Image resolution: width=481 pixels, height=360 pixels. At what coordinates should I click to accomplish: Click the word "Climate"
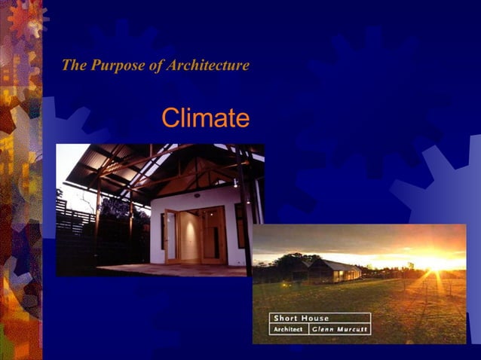click(x=205, y=118)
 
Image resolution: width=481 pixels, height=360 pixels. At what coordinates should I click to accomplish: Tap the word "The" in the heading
click(x=74, y=66)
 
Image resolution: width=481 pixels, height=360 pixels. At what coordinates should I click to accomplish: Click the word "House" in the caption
click(x=314, y=318)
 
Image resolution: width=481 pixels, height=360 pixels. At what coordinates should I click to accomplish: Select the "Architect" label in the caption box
click(x=288, y=329)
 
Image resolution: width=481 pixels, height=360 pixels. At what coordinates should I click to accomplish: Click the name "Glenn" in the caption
click(x=326, y=329)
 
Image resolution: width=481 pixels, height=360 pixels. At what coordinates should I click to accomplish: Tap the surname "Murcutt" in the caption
click(x=353, y=329)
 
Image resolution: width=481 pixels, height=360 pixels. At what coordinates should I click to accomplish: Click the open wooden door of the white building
click(x=171, y=235)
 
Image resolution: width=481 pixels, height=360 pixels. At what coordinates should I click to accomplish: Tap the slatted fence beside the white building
click(x=75, y=233)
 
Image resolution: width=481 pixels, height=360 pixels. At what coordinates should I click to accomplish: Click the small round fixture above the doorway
click(x=197, y=195)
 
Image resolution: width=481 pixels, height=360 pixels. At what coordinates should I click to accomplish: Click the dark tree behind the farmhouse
click(x=290, y=263)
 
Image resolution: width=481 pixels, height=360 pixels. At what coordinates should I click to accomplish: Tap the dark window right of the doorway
click(x=239, y=225)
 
